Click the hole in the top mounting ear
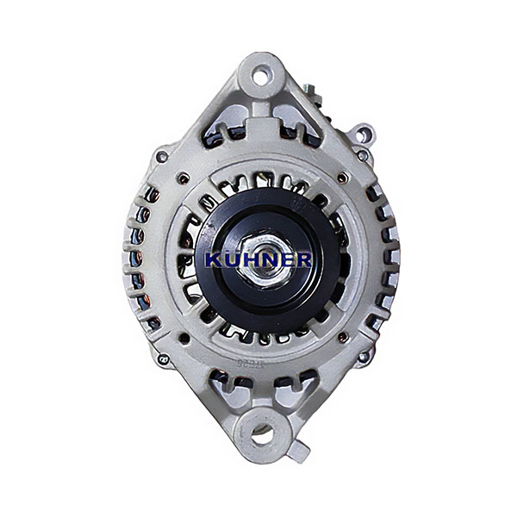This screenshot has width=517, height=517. click(x=261, y=78)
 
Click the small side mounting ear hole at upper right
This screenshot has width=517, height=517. click(x=363, y=134)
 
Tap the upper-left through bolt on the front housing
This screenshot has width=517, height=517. click(x=183, y=178)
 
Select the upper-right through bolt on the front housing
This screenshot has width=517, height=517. click(x=343, y=178)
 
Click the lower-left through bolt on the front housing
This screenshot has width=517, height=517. click(x=184, y=338)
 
